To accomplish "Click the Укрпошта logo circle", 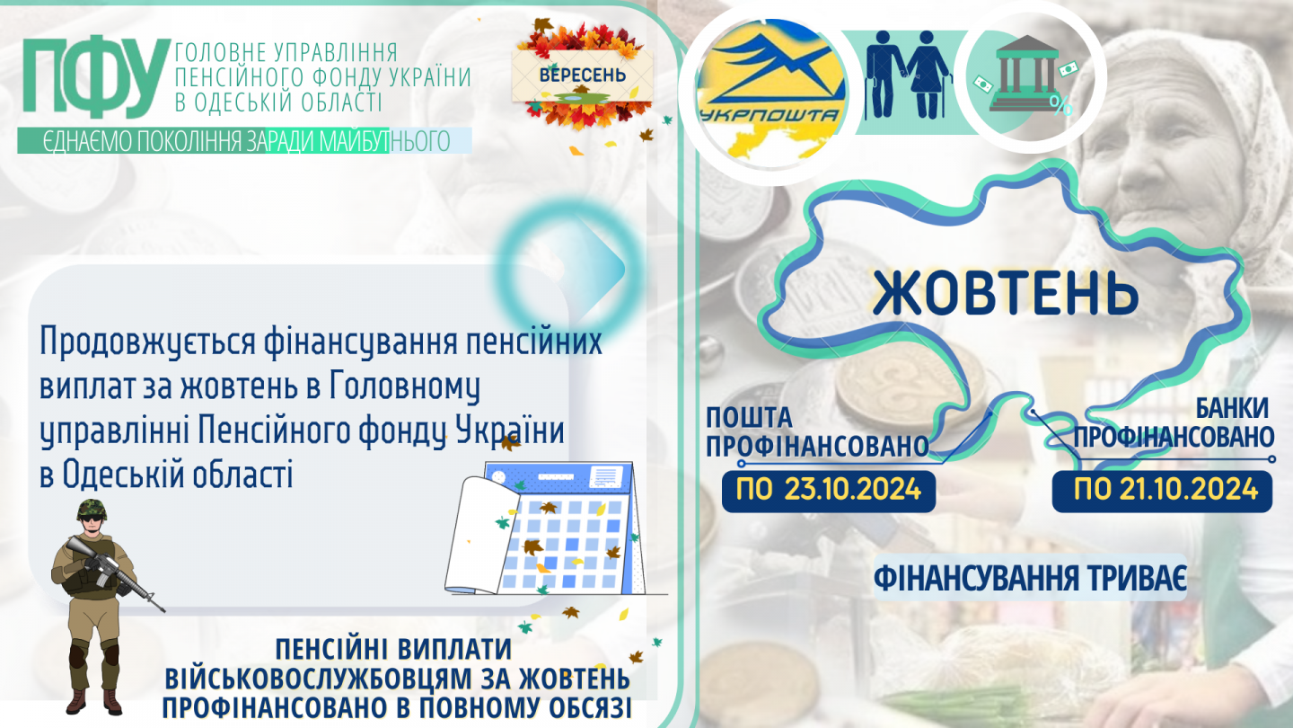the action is coord(770,93).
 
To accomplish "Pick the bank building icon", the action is coord(1025,73).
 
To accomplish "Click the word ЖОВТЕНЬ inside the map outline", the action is coord(1005,292).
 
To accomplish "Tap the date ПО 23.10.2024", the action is coord(828,491).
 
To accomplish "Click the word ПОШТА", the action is coord(749,417).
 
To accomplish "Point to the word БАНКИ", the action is coord(1231,408).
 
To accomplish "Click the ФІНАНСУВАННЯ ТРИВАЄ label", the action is coord(1030,577).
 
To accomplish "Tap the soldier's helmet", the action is coord(92,510).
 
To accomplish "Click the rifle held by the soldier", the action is coord(116,573).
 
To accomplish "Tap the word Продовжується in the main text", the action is coord(148,342).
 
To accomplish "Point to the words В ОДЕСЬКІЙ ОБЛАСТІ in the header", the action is coord(278,102).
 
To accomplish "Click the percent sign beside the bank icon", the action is coord(1061,106).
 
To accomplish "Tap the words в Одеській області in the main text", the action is coord(166,474).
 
